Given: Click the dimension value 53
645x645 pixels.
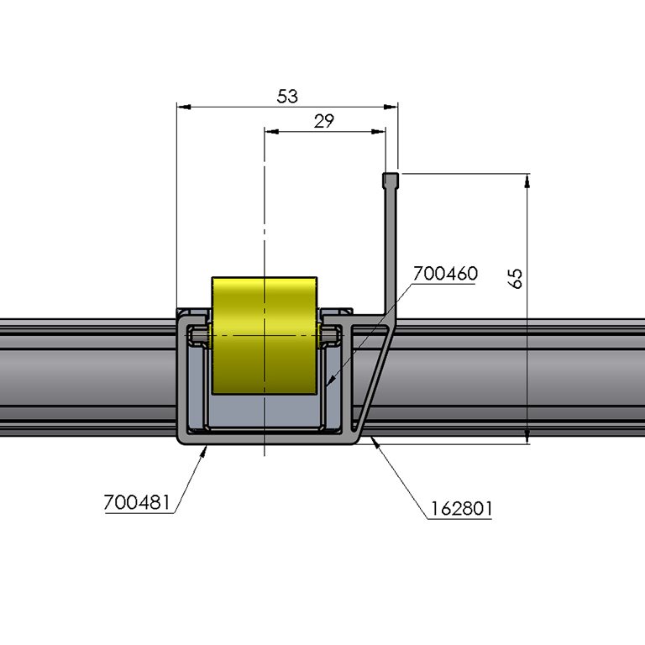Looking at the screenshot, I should coord(287,96).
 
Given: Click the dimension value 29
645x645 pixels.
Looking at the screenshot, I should coord(324,120).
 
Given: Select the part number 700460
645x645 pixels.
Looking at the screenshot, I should coord(445,274).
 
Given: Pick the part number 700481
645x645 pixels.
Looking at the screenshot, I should coord(137,502).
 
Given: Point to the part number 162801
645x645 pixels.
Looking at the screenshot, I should coord(461,508).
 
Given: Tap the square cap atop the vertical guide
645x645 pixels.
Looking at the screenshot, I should coord(391,180).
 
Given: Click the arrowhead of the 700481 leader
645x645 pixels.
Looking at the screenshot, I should coord(205,450).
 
